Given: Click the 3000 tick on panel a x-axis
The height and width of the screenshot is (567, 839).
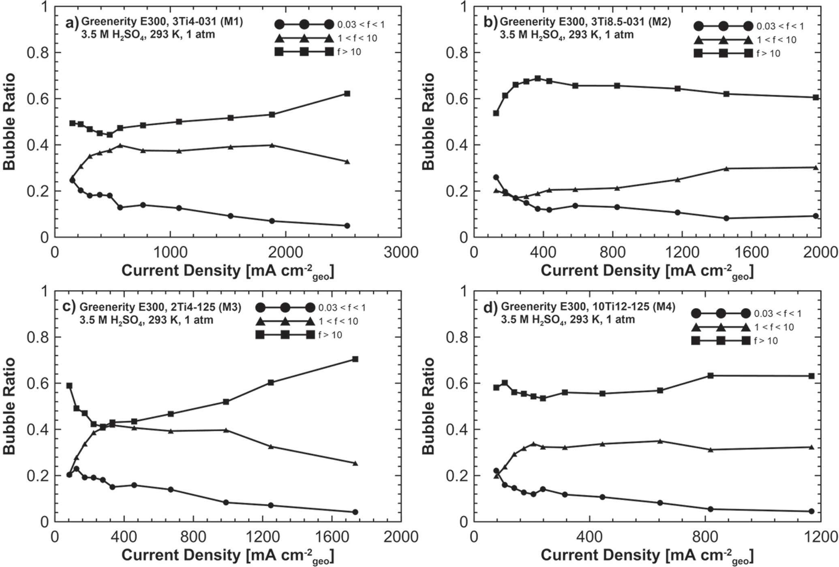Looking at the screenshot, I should (x=401, y=252).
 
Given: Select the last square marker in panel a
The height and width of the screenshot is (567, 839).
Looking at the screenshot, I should (x=347, y=94).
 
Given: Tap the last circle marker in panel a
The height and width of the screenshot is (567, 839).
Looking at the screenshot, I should (x=347, y=226).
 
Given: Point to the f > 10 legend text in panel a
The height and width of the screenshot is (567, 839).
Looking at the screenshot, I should (x=349, y=52).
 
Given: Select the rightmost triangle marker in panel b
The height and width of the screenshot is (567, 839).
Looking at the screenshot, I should (x=816, y=167).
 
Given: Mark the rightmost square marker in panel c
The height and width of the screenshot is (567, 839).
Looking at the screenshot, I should (x=355, y=359).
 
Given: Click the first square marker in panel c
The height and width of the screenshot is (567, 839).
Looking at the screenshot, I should (x=69, y=386).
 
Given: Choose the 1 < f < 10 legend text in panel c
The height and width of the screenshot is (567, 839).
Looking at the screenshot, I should (x=338, y=321).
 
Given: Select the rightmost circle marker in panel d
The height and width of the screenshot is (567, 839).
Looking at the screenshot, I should (x=811, y=511).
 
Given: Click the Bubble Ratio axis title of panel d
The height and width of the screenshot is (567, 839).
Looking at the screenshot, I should (x=428, y=406).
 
